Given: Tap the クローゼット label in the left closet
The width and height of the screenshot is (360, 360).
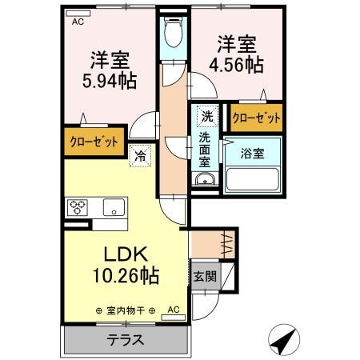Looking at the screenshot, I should tap(93, 142).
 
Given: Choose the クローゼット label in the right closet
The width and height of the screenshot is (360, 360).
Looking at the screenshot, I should tap(257, 118).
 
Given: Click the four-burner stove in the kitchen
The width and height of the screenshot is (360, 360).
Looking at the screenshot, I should tap(78, 206).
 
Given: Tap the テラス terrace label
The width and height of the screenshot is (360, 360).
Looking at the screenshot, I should tap(126, 339).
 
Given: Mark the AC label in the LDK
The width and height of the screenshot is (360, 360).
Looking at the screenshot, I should tap(174, 309).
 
